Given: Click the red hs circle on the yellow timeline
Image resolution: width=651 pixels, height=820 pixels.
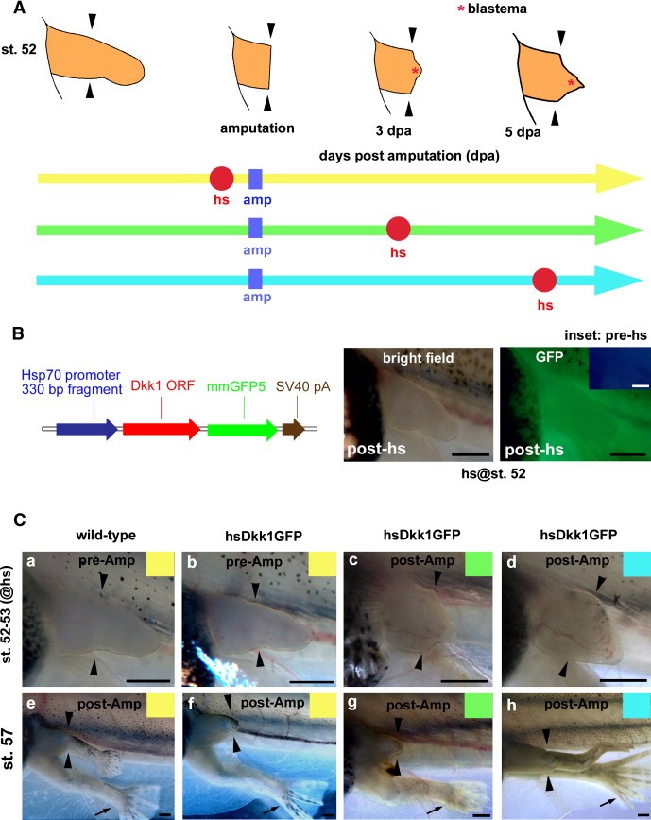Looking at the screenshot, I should click(221, 177).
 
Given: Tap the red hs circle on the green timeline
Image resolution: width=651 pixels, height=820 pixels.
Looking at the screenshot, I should click(399, 228).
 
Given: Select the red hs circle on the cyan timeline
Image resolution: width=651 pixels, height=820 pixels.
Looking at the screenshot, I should click(543, 280).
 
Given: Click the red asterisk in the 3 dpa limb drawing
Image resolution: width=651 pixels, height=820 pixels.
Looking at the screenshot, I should click(414, 71).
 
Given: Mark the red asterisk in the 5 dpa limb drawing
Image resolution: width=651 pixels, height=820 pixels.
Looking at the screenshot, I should click(570, 84).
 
